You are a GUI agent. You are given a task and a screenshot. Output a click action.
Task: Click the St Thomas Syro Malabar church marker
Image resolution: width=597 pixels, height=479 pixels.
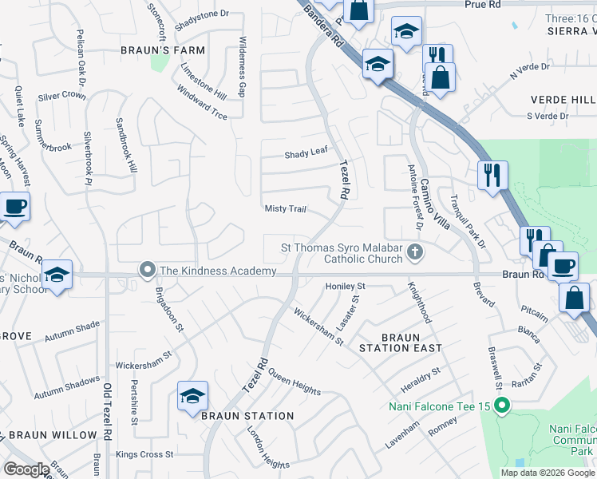pyautogui.click(x=414, y=253)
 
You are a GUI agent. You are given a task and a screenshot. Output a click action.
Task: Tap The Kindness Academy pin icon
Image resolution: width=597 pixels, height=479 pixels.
pyautogui.click(x=147, y=271)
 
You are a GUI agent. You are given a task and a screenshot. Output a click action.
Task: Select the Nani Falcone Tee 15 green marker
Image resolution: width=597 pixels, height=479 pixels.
pyautogui.click(x=502, y=406)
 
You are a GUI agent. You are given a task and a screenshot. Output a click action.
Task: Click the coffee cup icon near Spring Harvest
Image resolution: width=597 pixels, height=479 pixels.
pyautogui.click(x=14, y=207)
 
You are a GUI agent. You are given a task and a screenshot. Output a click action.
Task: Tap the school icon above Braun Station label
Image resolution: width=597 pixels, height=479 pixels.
pyautogui.click(x=192, y=397)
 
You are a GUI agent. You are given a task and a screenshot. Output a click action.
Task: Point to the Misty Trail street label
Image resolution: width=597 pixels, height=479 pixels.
pyautogui.click(x=285, y=209)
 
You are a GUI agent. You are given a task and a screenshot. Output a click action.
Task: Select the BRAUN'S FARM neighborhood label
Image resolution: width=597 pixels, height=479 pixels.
pyautogui.click(x=163, y=49)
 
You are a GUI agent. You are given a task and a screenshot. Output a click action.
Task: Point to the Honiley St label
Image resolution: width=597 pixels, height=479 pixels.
pyautogui.click(x=345, y=286)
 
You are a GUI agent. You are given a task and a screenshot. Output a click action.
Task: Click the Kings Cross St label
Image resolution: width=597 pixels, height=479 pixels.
pyautogui.click(x=144, y=454)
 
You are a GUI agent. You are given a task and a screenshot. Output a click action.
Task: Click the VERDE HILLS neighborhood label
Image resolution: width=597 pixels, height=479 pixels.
pyautogui.click(x=563, y=100)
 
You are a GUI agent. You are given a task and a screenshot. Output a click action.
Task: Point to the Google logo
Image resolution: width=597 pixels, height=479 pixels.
pyautogui.click(x=26, y=469)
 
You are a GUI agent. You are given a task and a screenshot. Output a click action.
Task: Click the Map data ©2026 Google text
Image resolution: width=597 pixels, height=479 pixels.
pyautogui.click(x=548, y=473)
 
